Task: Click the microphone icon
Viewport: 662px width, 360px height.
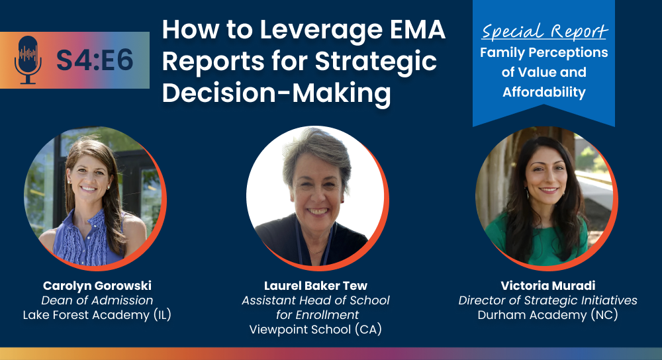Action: (28, 60)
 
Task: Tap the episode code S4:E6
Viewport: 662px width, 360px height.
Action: (95, 60)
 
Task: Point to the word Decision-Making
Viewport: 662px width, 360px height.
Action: (277, 93)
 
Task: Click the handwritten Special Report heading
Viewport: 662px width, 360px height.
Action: (544, 31)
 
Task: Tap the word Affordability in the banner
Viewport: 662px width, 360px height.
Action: (544, 91)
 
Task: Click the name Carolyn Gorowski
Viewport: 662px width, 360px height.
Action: (97, 286)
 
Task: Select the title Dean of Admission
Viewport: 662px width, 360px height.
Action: (97, 300)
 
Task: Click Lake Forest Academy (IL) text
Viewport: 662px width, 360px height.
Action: (97, 315)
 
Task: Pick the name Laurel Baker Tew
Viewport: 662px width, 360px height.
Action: (316, 286)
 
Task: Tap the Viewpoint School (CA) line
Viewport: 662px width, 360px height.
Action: (315, 329)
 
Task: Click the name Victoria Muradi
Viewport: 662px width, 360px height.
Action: (548, 286)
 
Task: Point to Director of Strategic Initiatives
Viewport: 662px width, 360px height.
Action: (548, 300)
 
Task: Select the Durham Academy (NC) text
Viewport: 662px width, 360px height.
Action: (548, 315)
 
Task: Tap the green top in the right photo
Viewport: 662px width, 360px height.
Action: (536, 241)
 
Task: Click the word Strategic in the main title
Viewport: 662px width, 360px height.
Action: (376, 62)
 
